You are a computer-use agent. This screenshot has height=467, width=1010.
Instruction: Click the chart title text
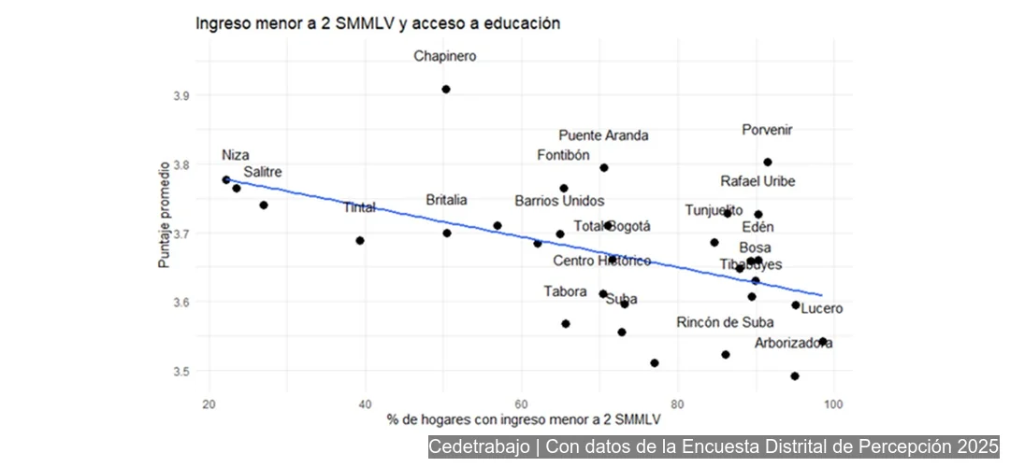point(377,23)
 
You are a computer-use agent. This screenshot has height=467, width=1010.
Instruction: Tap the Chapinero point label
point(445,57)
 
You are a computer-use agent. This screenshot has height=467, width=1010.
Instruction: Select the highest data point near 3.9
point(446,90)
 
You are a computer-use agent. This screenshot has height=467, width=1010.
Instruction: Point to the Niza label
point(236,155)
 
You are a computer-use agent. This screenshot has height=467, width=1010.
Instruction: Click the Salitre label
point(263,172)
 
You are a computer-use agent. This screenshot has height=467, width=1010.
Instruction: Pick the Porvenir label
point(767,131)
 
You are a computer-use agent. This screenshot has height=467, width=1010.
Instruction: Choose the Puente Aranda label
point(603,135)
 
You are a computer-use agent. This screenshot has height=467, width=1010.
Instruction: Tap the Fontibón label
point(563,155)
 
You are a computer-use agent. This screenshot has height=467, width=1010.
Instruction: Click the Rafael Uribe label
point(757,181)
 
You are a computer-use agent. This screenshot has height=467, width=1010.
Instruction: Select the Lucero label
point(821,308)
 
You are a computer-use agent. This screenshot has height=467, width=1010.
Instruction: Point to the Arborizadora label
point(793,343)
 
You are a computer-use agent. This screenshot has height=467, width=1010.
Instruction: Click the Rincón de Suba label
point(725,323)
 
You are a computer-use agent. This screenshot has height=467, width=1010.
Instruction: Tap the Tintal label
point(359,207)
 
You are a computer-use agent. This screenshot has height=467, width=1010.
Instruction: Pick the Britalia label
point(446,200)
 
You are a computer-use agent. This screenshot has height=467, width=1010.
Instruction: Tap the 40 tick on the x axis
point(366,403)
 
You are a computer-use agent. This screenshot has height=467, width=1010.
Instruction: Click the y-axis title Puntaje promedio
point(164,214)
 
